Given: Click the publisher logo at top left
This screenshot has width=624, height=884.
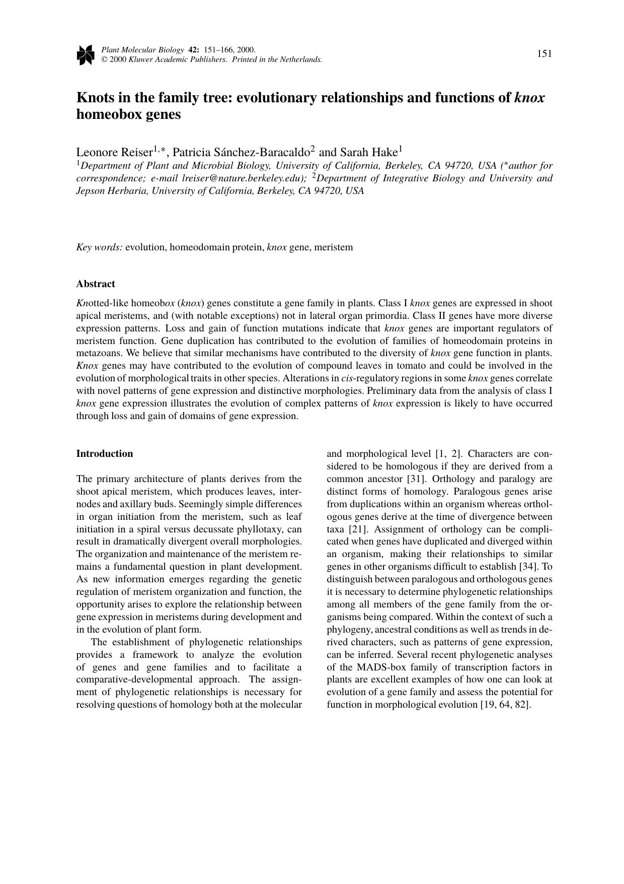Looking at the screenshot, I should click(85, 55).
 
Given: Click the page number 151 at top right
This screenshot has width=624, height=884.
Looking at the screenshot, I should click(544, 54).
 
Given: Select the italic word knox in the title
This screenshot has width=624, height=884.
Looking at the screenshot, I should click(529, 98).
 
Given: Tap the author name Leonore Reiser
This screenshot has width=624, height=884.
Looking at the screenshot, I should click(114, 152).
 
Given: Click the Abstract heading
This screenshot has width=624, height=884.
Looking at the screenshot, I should click(96, 284).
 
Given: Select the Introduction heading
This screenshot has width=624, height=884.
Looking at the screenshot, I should click(105, 454).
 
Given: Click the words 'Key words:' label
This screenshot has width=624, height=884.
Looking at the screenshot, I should click(99, 247).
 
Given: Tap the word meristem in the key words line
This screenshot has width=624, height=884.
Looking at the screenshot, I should click(333, 247).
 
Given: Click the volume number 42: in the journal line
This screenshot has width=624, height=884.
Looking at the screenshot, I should click(193, 50).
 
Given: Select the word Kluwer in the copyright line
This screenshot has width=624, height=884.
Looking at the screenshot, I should click(142, 59).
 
